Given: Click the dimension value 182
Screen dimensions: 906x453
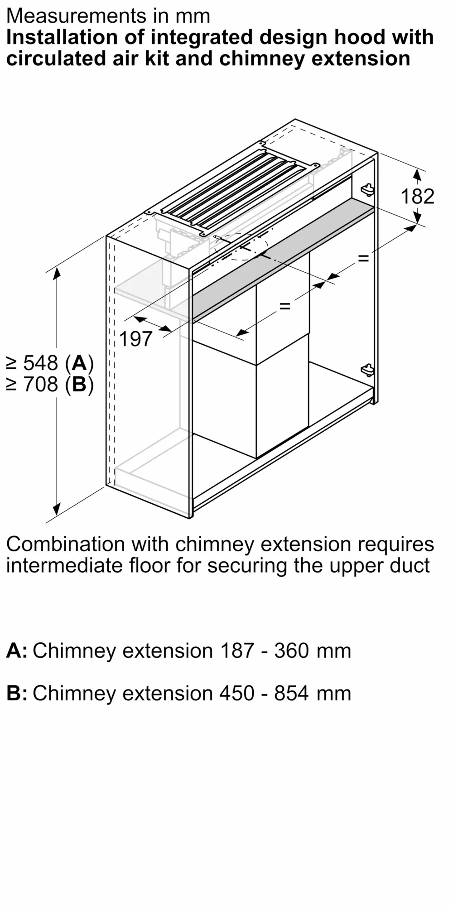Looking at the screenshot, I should (x=417, y=196).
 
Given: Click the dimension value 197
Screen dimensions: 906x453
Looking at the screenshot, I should (x=136, y=339).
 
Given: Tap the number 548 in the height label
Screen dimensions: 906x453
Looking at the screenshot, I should (x=40, y=363).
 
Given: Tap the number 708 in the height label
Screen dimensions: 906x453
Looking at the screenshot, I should (x=40, y=385).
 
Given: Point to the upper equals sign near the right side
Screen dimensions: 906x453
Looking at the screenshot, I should (x=363, y=259).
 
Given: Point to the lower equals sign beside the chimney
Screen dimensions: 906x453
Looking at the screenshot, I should (x=284, y=306).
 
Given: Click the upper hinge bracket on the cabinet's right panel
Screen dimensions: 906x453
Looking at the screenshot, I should (x=368, y=189).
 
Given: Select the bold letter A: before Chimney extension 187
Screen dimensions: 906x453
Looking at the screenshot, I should (x=17, y=651).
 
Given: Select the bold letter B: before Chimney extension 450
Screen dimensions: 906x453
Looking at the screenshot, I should (x=17, y=693).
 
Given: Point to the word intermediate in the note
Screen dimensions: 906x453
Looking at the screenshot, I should (x=64, y=565).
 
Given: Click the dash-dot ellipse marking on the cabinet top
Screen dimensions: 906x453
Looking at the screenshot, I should (x=241, y=247).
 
